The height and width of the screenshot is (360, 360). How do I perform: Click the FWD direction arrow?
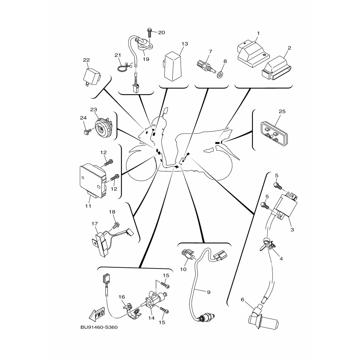pos(97,314)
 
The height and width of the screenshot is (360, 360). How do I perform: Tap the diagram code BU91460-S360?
pos(99,327)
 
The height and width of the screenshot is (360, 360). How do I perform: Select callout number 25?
pos(282,111)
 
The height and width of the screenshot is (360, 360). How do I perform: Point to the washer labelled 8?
pos(221,74)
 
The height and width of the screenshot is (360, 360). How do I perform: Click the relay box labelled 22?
pos(91,76)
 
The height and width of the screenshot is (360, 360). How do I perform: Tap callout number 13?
pos(185,44)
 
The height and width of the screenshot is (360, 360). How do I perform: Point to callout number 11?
pos(88,206)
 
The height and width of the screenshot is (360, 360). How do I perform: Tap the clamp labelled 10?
pos(187,255)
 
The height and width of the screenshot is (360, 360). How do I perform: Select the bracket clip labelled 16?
pos(132,311)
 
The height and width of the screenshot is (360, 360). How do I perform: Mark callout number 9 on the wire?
pos(209,292)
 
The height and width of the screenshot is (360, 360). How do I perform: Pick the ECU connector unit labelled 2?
pos(276,67)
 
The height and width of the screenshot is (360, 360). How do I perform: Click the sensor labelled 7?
pos(206,66)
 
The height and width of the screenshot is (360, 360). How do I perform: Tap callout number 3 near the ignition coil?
pos(292,229)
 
